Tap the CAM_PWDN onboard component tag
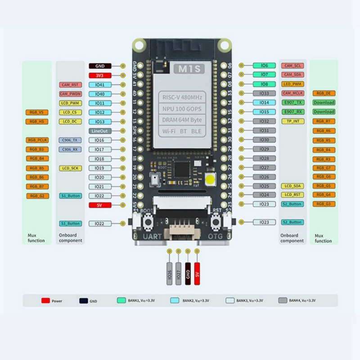[x=70, y=94]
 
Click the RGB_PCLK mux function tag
[x=37, y=140]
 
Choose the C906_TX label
[x=70, y=140]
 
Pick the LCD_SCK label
[x=70, y=168]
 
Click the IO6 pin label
[x=264, y=66]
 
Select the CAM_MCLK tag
[x=292, y=93]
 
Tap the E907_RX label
[x=292, y=112]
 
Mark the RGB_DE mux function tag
[x=324, y=93]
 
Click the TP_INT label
[x=292, y=121]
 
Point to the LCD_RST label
[x=292, y=195]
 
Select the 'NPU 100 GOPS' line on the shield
[x=182, y=108]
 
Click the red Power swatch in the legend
[x=45, y=301]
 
